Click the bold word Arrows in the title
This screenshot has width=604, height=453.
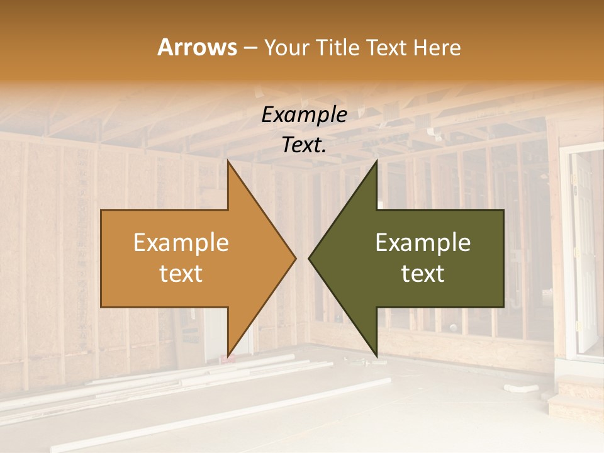click(198, 47)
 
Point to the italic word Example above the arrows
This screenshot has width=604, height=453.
click(304, 115)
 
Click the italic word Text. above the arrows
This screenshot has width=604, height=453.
click(304, 145)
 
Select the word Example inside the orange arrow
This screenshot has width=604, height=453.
click(181, 242)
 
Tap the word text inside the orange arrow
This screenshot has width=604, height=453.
click(181, 273)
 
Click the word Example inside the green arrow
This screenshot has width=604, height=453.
click(423, 242)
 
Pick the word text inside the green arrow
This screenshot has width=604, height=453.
click(423, 273)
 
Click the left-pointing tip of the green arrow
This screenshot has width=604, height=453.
click(310, 258)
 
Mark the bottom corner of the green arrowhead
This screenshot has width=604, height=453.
click(376, 356)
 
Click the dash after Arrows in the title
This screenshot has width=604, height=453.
click(249, 48)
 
